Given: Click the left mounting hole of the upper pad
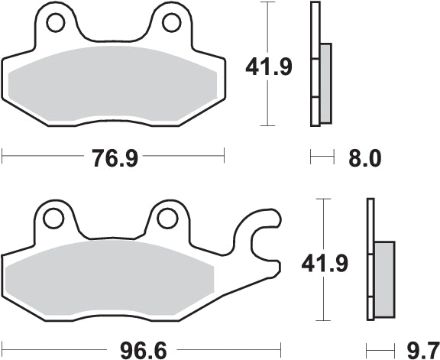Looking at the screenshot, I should pos(54,25).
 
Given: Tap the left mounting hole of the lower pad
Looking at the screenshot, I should pos(53,219).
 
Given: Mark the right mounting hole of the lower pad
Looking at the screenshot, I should pos(167,219).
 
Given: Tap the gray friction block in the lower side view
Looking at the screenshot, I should pos(383,280).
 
